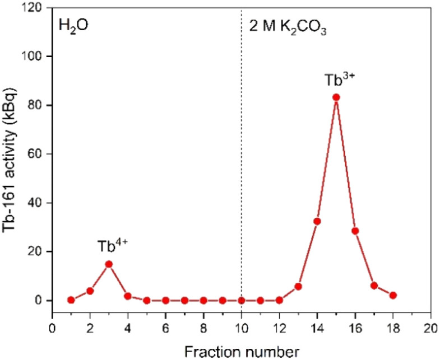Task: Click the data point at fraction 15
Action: (336, 97)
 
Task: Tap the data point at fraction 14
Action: (317, 221)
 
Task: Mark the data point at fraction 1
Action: (71, 300)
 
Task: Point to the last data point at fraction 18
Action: (393, 295)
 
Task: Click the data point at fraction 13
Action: (298, 287)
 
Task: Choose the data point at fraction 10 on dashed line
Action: (242, 300)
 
